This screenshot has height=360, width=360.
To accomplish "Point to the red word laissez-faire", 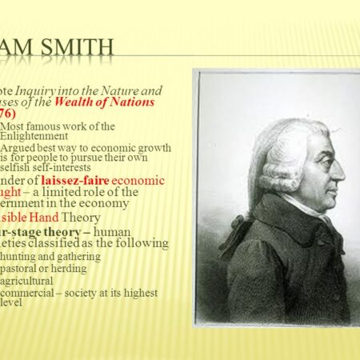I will [72, 180].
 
